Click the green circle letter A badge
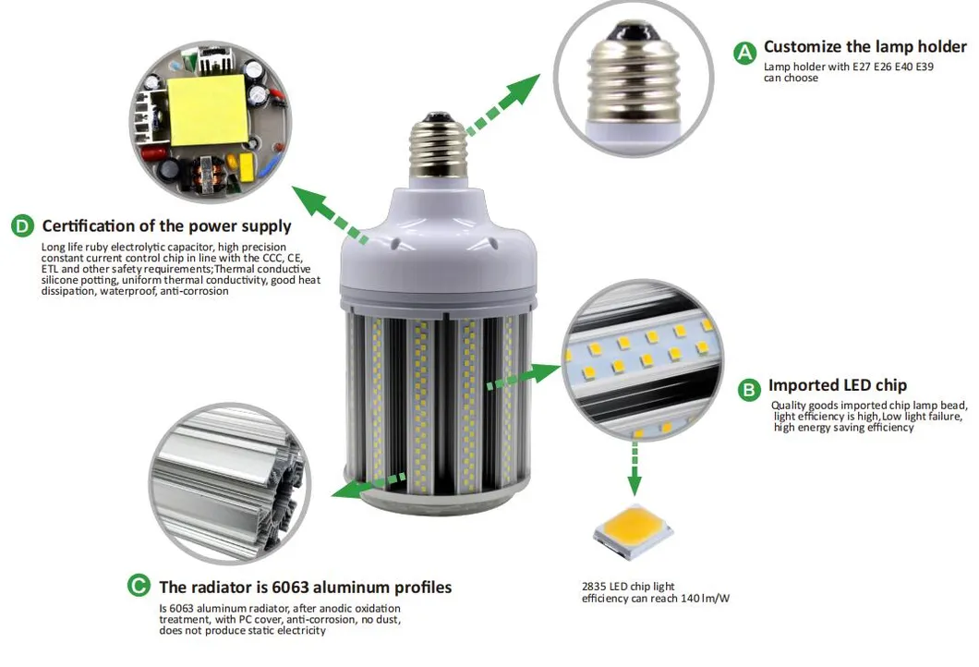point(744,53)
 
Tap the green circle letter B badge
point(749,390)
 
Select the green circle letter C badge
point(139,586)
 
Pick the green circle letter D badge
point(22,225)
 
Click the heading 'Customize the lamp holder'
point(864,47)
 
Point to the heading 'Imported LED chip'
point(838,384)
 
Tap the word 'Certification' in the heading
point(88,225)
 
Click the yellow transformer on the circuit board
point(207,110)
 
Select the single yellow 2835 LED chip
point(634,532)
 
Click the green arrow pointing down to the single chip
point(635,468)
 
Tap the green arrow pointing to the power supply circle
point(330,213)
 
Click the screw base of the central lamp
point(438,145)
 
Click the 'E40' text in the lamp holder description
point(903,67)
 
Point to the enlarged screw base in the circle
point(634,79)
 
